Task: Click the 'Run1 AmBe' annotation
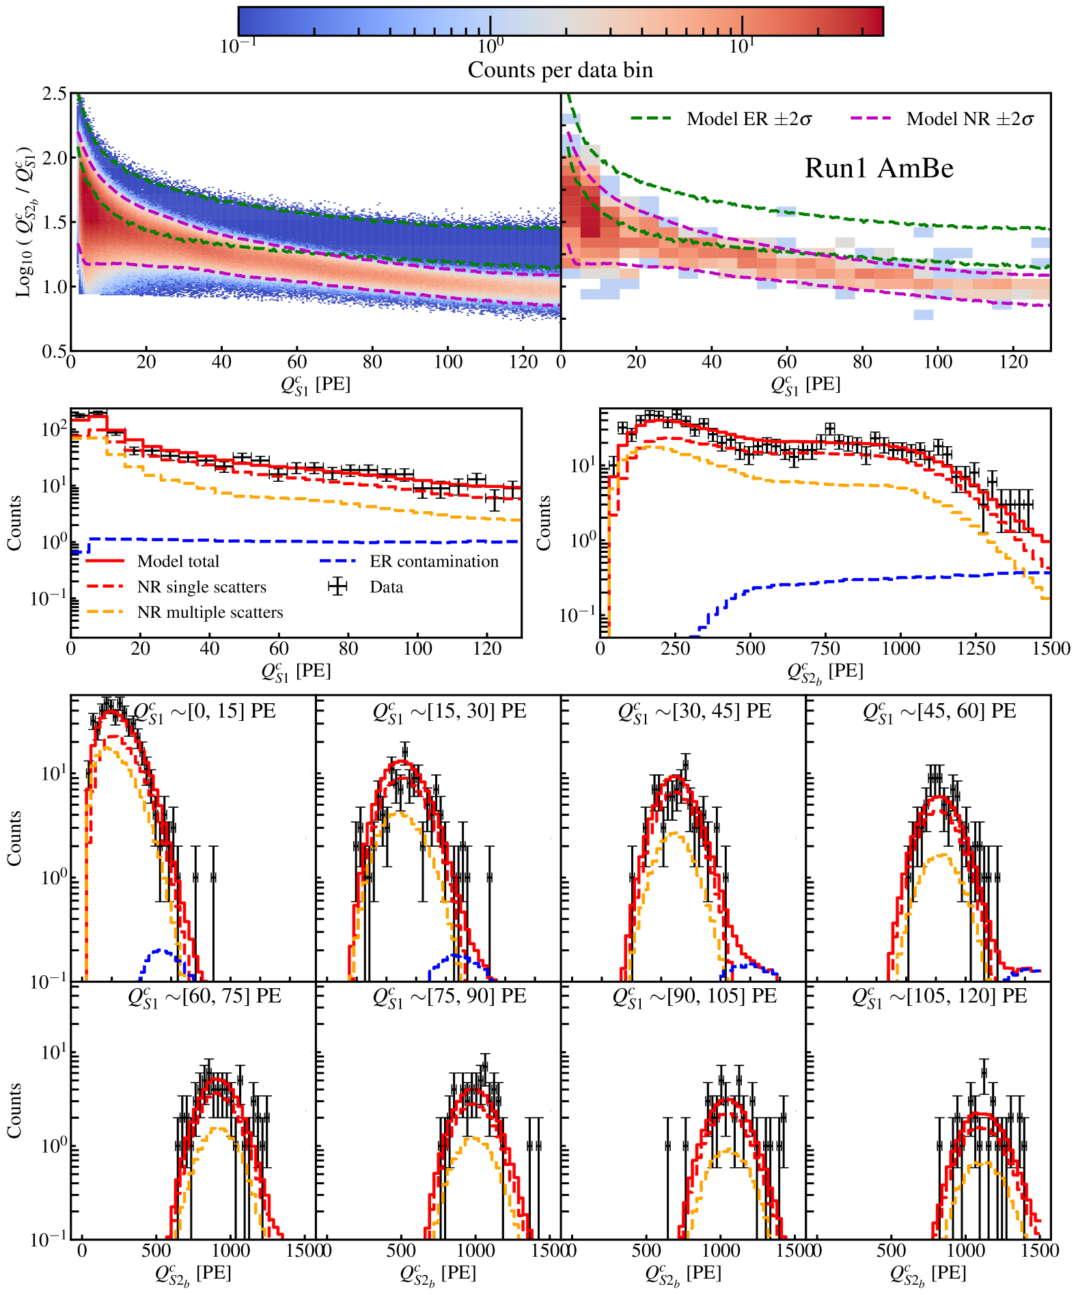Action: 879,168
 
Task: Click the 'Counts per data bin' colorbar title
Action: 560,70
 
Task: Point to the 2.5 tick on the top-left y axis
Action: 55,94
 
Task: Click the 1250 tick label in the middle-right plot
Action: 976,649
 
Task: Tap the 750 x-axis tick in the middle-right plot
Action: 825,649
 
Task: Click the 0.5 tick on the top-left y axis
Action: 55,351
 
